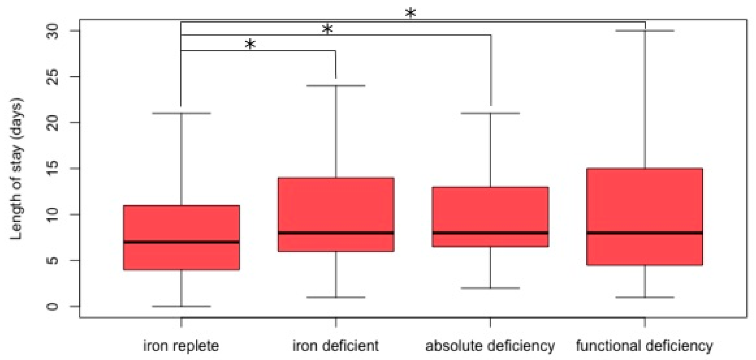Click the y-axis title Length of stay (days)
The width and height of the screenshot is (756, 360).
[16, 169]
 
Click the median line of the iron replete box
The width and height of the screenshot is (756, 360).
[181, 242]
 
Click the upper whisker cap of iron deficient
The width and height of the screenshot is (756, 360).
[336, 86]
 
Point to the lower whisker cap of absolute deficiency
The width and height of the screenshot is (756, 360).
[490, 288]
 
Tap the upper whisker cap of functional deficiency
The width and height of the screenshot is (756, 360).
[645, 30]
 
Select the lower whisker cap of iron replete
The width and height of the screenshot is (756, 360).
[181, 306]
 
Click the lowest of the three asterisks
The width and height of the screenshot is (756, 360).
[250, 44]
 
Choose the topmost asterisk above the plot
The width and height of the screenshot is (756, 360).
[410, 13]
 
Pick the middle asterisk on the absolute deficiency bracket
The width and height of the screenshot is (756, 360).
[327, 29]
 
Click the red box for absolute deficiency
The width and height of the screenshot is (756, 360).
[490, 211]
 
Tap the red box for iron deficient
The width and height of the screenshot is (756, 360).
[336, 205]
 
